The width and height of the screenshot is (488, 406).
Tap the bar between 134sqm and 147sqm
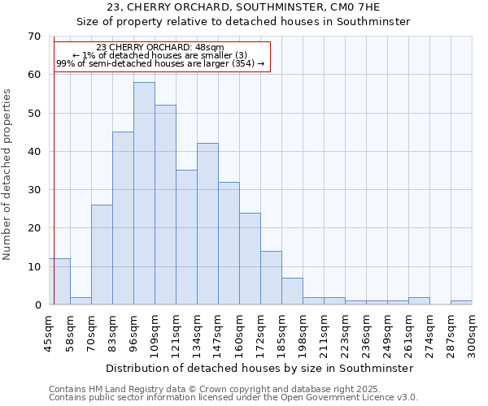coord(207,223)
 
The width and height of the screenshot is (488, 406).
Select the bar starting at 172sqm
coord(271,278)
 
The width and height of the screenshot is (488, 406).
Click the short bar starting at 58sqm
coord(81,300)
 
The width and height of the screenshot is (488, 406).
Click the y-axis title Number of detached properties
coord(8,175)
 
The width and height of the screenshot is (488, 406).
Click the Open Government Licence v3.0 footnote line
coord(233,398)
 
